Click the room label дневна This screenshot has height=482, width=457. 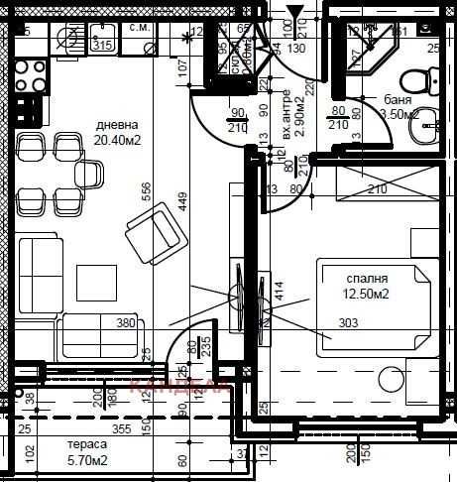pyautogui.click(x=117, y=126)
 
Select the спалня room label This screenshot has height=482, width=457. pyautogui.click(x=367, y=281)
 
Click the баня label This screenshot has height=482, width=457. pyautogui.click(x=400, y=100)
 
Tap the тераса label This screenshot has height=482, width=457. pyautogui.click(x=87, y=445)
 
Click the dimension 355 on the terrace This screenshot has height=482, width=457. pyautogui.click(x=120, y=428)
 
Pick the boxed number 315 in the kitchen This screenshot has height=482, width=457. pyautogui.click(x=101, y=44)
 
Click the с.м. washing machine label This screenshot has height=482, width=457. pyautogui.click(x=140, y=28)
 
